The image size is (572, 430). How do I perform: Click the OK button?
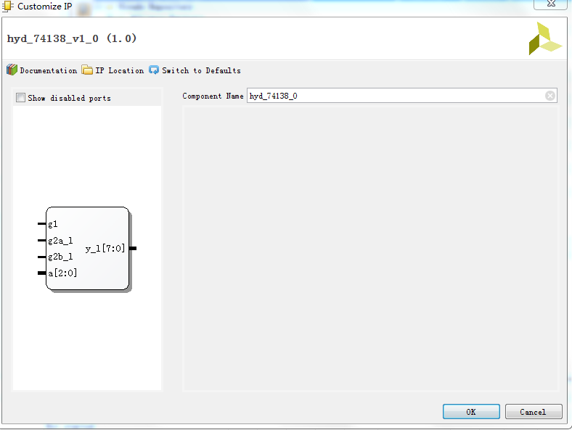(471, 412)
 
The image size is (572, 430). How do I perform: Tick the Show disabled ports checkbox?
(20, 98)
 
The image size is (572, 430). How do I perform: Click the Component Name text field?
(396, 96)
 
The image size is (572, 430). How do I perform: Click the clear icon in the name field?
(550, 96)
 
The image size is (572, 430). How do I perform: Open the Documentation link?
(48, 70)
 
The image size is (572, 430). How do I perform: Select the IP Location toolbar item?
(119, 70)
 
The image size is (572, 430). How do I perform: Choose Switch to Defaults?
(200, 70)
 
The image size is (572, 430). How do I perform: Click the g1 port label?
(53, 224)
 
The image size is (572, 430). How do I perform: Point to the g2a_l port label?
(60, 240)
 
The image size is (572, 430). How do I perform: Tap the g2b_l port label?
(60, 257)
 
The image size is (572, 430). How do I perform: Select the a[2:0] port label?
(62, 273)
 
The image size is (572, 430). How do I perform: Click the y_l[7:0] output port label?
(105, 249)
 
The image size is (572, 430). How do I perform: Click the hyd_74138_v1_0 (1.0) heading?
(72, 38)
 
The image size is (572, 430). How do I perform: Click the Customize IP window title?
(44, 7)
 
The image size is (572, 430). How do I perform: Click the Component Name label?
(213, 96)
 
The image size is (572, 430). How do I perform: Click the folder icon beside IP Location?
(87, 70)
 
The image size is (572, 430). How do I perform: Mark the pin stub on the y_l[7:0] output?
(133, 249)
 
